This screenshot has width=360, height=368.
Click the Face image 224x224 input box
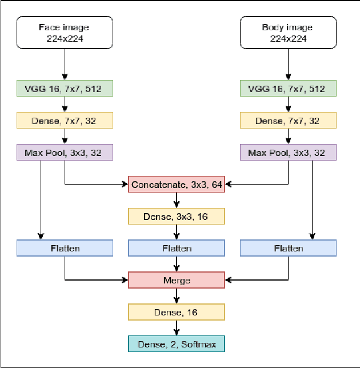tap(65, 32)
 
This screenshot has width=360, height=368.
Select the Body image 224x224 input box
tap(289, 32)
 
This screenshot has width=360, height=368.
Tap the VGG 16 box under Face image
tap(65, 89)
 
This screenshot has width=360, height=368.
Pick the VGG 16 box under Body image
tap(289, 89)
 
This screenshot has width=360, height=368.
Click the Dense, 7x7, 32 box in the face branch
tap(65, 121)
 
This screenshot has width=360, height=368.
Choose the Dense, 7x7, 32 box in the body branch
tap(289, 121)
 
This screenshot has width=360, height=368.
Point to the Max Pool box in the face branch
tap(65, 153)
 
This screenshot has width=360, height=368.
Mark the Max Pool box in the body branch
tap(289, 153)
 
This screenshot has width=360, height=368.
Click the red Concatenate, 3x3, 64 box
tap(177, 184)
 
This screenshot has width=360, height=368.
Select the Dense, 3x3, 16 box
tap(177, 216)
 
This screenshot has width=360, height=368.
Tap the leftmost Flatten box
tap(65, 248)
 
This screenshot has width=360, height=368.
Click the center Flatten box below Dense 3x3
tap(177, 248)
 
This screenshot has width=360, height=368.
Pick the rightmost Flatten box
tap(289, 248)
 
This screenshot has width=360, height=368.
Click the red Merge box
tap(177, 280)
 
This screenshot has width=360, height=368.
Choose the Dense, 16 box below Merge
tap(177, 312)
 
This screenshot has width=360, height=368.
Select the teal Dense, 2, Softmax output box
tap(177, 343)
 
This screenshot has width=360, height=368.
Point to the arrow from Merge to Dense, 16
tap(177, 296)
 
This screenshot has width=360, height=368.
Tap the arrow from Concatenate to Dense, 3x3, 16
tap(177, 200)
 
